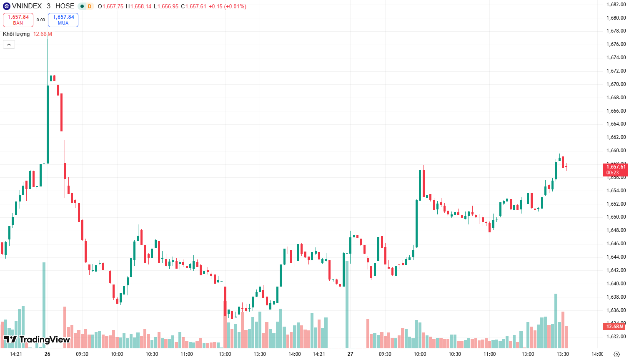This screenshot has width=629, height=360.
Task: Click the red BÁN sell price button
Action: click(18, 20)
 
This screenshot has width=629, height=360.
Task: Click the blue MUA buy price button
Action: click(63, 20)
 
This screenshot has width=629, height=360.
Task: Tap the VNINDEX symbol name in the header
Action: click(27, 6)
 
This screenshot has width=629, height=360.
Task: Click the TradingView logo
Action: click(37, 340)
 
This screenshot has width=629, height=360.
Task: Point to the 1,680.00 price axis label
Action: click(616, 18)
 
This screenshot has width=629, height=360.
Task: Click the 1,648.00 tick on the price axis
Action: click(616, 230)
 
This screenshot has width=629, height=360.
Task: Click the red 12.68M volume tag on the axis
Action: click(614, 327)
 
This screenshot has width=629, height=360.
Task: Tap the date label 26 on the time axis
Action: click(47, 354)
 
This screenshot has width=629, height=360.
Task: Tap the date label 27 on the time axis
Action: click(350, 354)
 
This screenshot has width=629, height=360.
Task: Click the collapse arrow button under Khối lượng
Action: click(9, 44)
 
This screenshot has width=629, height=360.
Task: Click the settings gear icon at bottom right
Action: click(617, 354)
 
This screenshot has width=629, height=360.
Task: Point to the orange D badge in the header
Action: click(90, 6)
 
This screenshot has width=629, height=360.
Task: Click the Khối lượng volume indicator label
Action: click(16, 34)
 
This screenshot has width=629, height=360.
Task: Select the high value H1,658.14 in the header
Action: click(138, 6)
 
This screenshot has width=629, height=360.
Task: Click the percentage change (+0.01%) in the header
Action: click(235, 6)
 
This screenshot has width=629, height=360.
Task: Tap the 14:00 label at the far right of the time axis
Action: click(597, 354)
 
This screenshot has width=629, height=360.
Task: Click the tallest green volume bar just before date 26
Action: click(44, 305)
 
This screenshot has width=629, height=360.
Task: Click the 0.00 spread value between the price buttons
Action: click(40, 20)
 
